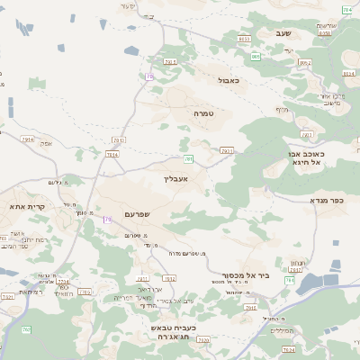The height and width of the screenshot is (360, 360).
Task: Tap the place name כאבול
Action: point(229,80)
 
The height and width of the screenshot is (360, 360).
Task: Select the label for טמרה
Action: point(202,114)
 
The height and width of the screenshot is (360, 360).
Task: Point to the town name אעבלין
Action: point(175,178)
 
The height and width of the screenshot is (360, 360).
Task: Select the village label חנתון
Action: point(297,263)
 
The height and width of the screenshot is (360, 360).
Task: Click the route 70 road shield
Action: point(150,77)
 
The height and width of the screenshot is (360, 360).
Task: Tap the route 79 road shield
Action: point(108,220)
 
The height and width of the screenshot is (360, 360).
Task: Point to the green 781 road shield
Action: point(189,159)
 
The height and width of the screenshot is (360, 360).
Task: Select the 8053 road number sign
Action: point(244,40)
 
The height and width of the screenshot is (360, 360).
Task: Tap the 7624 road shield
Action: point(112,154)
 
